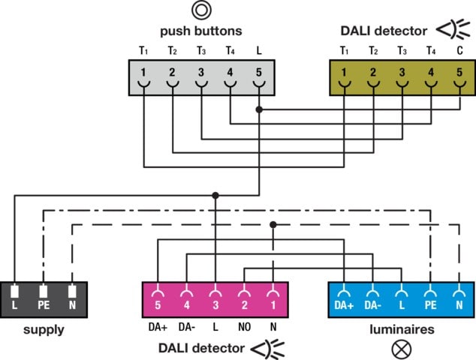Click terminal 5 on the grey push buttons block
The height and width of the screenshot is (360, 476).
click(259, 73)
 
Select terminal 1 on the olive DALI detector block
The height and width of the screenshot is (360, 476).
click(345, 73)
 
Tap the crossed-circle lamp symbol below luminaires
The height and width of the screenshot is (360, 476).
click(400, 347)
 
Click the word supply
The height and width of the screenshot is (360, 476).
click(43, 329)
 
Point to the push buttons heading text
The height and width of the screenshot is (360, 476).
click(200, 31)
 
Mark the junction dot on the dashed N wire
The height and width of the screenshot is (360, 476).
click(273, 224)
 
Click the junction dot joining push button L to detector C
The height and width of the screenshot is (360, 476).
click(259, 109)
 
